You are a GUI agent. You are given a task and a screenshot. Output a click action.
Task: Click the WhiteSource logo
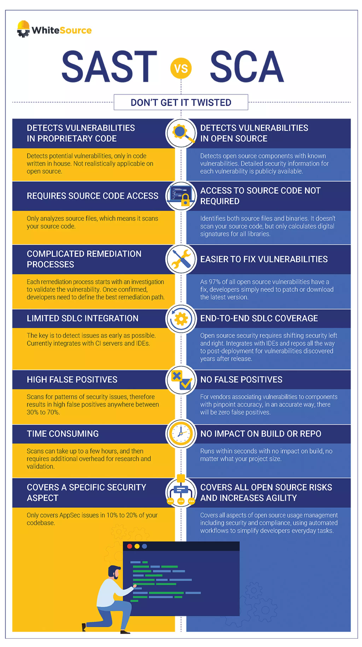pyautogui.click(x=54, y=30)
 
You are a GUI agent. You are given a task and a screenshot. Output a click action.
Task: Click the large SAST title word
pyautogui.click(x=109, y=67)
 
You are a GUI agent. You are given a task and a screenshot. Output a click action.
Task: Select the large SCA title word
pyautogui.click(x=247, y=67)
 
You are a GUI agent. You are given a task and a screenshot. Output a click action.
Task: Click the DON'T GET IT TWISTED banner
pyautogui.click(x=181, y=102)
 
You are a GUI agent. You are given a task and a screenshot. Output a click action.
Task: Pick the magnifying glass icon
pyautogui.click(x=181, y=133)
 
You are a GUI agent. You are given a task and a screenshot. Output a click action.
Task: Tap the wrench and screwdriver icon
pyautogui.click(x=181, y=259)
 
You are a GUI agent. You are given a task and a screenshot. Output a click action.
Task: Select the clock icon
pyautogui.click(x=181, y=434)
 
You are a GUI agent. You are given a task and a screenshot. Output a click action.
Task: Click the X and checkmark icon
pyautogui.click(x=181, y=380)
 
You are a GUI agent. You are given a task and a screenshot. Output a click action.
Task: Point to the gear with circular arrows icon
pyautogui.click(x=181, y=319)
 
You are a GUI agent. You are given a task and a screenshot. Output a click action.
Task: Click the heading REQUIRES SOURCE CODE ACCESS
pyautogui.click(x=92, y=196)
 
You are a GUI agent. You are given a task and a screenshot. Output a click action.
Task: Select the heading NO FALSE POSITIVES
pyautogui.click(x=241, y=379)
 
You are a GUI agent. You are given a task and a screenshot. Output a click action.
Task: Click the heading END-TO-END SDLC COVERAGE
pyautogui.click(x=259, y=318)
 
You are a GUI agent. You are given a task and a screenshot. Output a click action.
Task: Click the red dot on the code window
pyautogui.click(x=129, y=546)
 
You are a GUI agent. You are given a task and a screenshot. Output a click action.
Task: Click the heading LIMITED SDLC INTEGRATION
pyautogui.click(x=82, y=318)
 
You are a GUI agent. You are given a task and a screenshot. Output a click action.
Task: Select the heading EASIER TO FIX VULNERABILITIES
pyautogui.click(x=264, y=259)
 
